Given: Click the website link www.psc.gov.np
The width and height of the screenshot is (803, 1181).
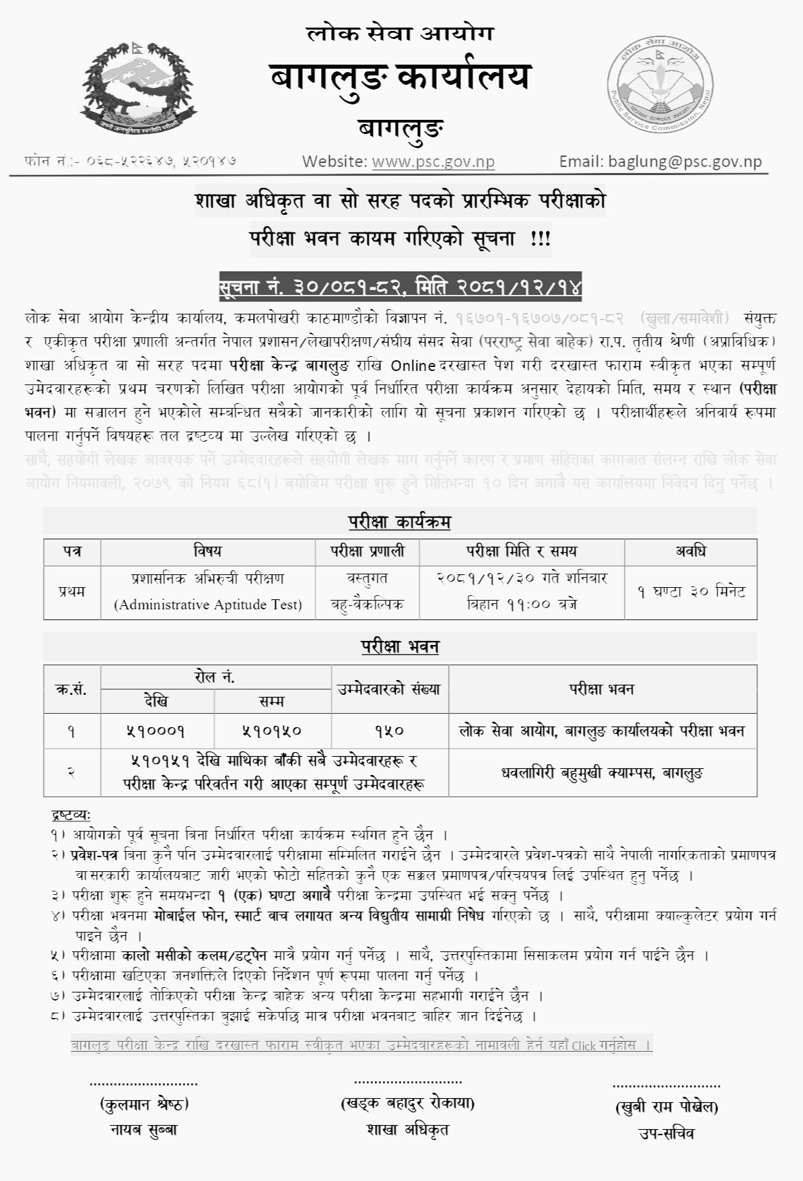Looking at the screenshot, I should click(x=433, y=162).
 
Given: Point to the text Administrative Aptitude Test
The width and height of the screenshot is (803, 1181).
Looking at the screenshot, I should click(x=208, y=605).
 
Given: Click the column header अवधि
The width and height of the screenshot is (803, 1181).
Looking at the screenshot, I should click(x=691, y=551).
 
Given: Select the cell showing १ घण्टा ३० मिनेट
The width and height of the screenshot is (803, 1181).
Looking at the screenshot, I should click(x=691, y=592).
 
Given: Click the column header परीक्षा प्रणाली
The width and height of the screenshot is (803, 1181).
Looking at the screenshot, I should click(x=368, y=551).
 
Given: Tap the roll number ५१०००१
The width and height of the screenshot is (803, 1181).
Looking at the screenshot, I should click(x=156, y=731).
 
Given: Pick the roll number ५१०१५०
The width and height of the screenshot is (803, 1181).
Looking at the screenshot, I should click(x=272, y=731).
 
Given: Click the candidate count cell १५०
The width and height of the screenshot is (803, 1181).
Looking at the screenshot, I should click(x=390, y=731).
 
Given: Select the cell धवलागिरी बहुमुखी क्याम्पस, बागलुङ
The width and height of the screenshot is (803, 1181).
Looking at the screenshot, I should click(x=602, y=773).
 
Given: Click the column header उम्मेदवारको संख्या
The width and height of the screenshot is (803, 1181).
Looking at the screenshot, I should click(x=390, y=689).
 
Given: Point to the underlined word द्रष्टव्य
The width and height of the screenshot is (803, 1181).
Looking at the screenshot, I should click(x=71, y=815).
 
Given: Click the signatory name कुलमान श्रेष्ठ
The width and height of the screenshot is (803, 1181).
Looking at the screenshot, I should click(x=144, y=1104).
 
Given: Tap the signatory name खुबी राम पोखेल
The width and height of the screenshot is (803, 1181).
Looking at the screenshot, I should click(x=666, y=1107).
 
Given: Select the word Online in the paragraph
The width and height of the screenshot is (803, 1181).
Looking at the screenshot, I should click(x=413, y=366).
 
